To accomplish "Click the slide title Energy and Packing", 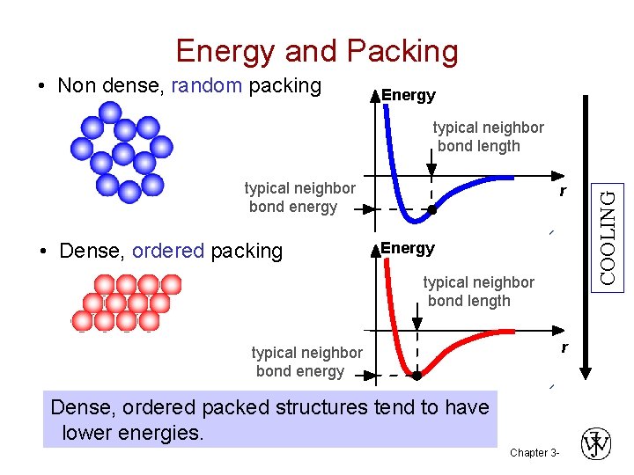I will pos(317,51).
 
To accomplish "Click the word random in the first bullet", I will pos(207,85).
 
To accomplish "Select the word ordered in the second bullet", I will pos(168,251).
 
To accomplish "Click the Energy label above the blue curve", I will pos(408,95).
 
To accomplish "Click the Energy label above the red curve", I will pos(408,248).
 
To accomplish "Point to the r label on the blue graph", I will pos(562,191).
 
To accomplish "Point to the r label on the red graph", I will pos(564,348).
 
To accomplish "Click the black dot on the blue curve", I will pos(432,209).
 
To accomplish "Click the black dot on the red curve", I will pos(417,375).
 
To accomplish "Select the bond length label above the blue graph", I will pos(488,136).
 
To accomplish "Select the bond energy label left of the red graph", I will pos(306,362).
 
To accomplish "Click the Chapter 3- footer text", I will pos(534,453).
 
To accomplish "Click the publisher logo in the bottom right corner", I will pos(596,443).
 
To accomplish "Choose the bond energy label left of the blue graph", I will pos(299,197).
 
